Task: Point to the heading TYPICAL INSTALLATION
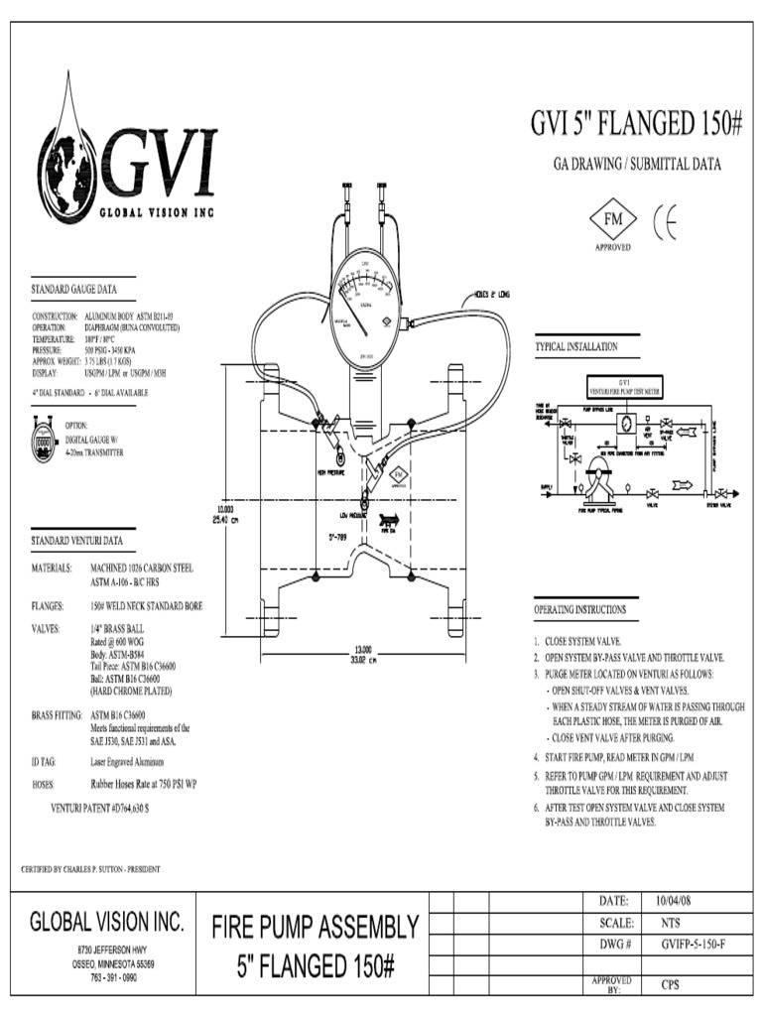click(576, 347)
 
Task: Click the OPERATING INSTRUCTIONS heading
click(580, 609)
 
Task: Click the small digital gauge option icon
click(46, 438)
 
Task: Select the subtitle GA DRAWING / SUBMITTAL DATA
click(636, 164)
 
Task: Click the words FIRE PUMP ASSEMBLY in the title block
click(315, 928)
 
